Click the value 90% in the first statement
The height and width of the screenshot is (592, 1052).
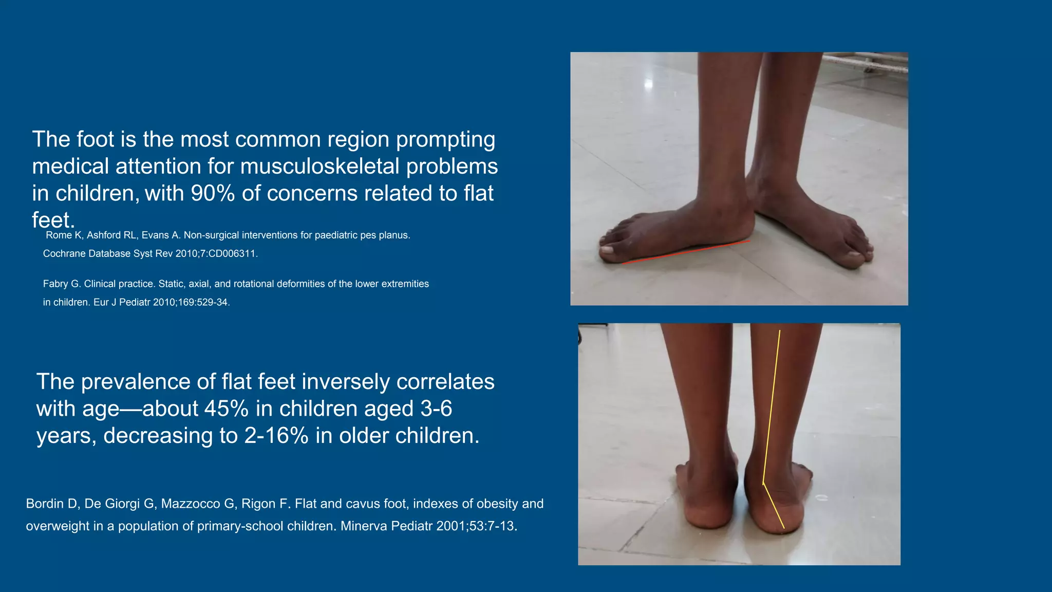(x=213, y=194)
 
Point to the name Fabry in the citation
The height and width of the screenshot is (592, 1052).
(x=55, y=284)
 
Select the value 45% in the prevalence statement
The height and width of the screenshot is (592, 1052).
(x=227, y=409)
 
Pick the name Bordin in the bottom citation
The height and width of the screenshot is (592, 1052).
(x=45, y=504)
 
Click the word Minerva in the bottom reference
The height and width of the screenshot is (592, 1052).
(x=363, y=526)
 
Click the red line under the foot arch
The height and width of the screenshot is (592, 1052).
(x=686, y=252)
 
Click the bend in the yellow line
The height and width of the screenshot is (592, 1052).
(x=763, y=484)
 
